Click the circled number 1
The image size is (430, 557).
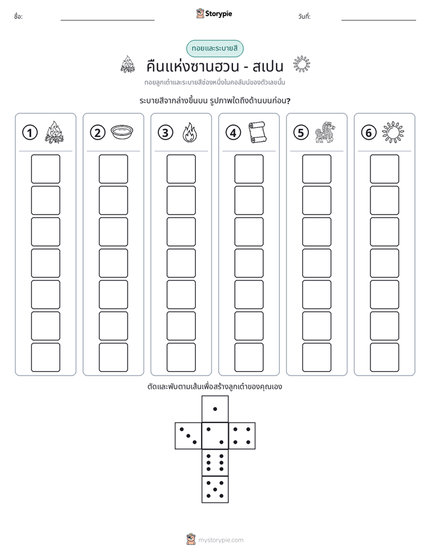[30, 133]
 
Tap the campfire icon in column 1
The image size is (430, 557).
[54, 132]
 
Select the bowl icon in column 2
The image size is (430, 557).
[122, 132]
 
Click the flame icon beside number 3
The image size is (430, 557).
[190, 133]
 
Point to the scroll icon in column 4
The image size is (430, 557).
[258, 132]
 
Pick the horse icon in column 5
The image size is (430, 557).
[325, 132]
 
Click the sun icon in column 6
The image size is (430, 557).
[393, 132]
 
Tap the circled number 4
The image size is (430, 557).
[233, 133]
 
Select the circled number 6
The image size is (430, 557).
[369, 133]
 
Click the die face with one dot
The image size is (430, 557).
[215, 409]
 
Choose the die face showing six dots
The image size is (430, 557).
[215, 462]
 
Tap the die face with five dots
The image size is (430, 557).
[215, 489]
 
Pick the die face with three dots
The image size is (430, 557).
[189, 436]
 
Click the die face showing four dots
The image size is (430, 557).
[242, 436]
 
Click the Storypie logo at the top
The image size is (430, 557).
[214, 13]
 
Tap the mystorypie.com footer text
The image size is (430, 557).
[220, 540]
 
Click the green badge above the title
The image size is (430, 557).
[215, 49]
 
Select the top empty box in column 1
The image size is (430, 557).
[45, 169]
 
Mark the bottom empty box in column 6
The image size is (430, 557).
[385, 357]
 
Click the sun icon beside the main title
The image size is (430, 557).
[302, 65]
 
